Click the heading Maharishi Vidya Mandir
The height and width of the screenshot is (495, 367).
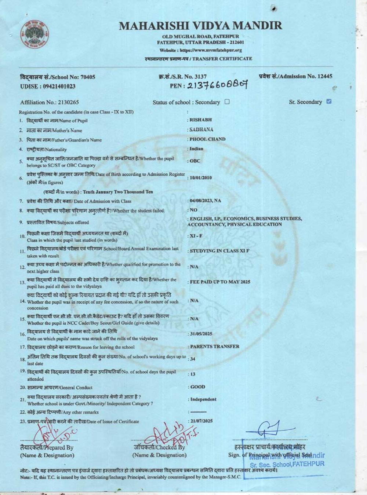click(200, 26)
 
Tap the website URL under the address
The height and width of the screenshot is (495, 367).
click(200, 50)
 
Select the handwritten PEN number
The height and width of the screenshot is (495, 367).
click(217, 85)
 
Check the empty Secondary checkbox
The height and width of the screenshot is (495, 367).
click(227, 102)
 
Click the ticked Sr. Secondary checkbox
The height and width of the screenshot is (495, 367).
click(329, 102)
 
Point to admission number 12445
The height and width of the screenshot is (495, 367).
click(324, 76)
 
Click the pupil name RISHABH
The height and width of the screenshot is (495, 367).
click(200, 120)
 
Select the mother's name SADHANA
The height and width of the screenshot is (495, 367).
click(201, 129)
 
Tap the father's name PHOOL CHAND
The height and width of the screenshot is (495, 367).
click(207, 139)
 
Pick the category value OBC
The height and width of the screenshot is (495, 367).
click(195, 161)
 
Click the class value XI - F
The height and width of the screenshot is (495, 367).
click(196, 236)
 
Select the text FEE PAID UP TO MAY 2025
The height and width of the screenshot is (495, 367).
click(220, 282)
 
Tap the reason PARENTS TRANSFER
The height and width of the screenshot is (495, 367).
click(214, 346)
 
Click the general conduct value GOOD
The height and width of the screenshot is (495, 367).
click(198, 387)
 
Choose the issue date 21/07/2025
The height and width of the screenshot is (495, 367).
click(201, 421)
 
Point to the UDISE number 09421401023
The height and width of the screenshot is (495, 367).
click(59, 86)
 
